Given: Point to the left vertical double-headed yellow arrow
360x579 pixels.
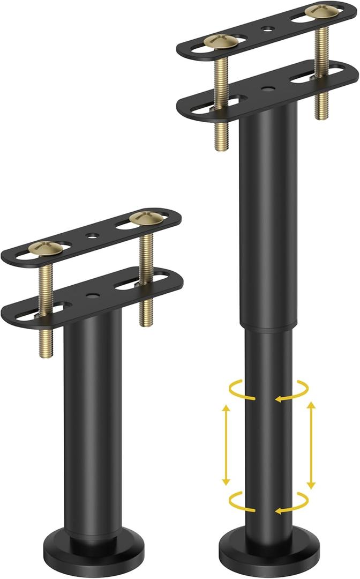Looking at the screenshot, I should click(x=226, y=445).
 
